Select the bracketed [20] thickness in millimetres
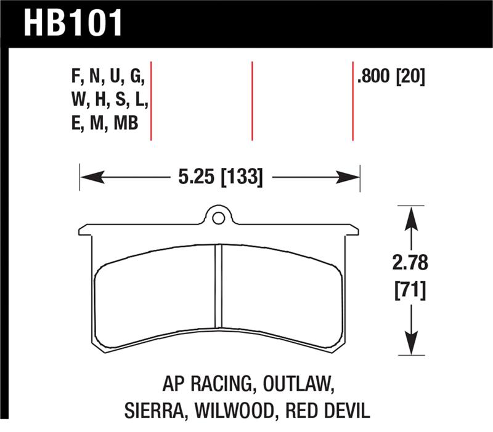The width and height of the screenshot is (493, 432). click(411, 78)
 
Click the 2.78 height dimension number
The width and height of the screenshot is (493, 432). click(409, 263)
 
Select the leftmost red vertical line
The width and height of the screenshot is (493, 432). click(151, 102)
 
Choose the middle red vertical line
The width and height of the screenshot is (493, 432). click(252, 102)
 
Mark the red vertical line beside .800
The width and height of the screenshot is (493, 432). click(352, 102)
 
